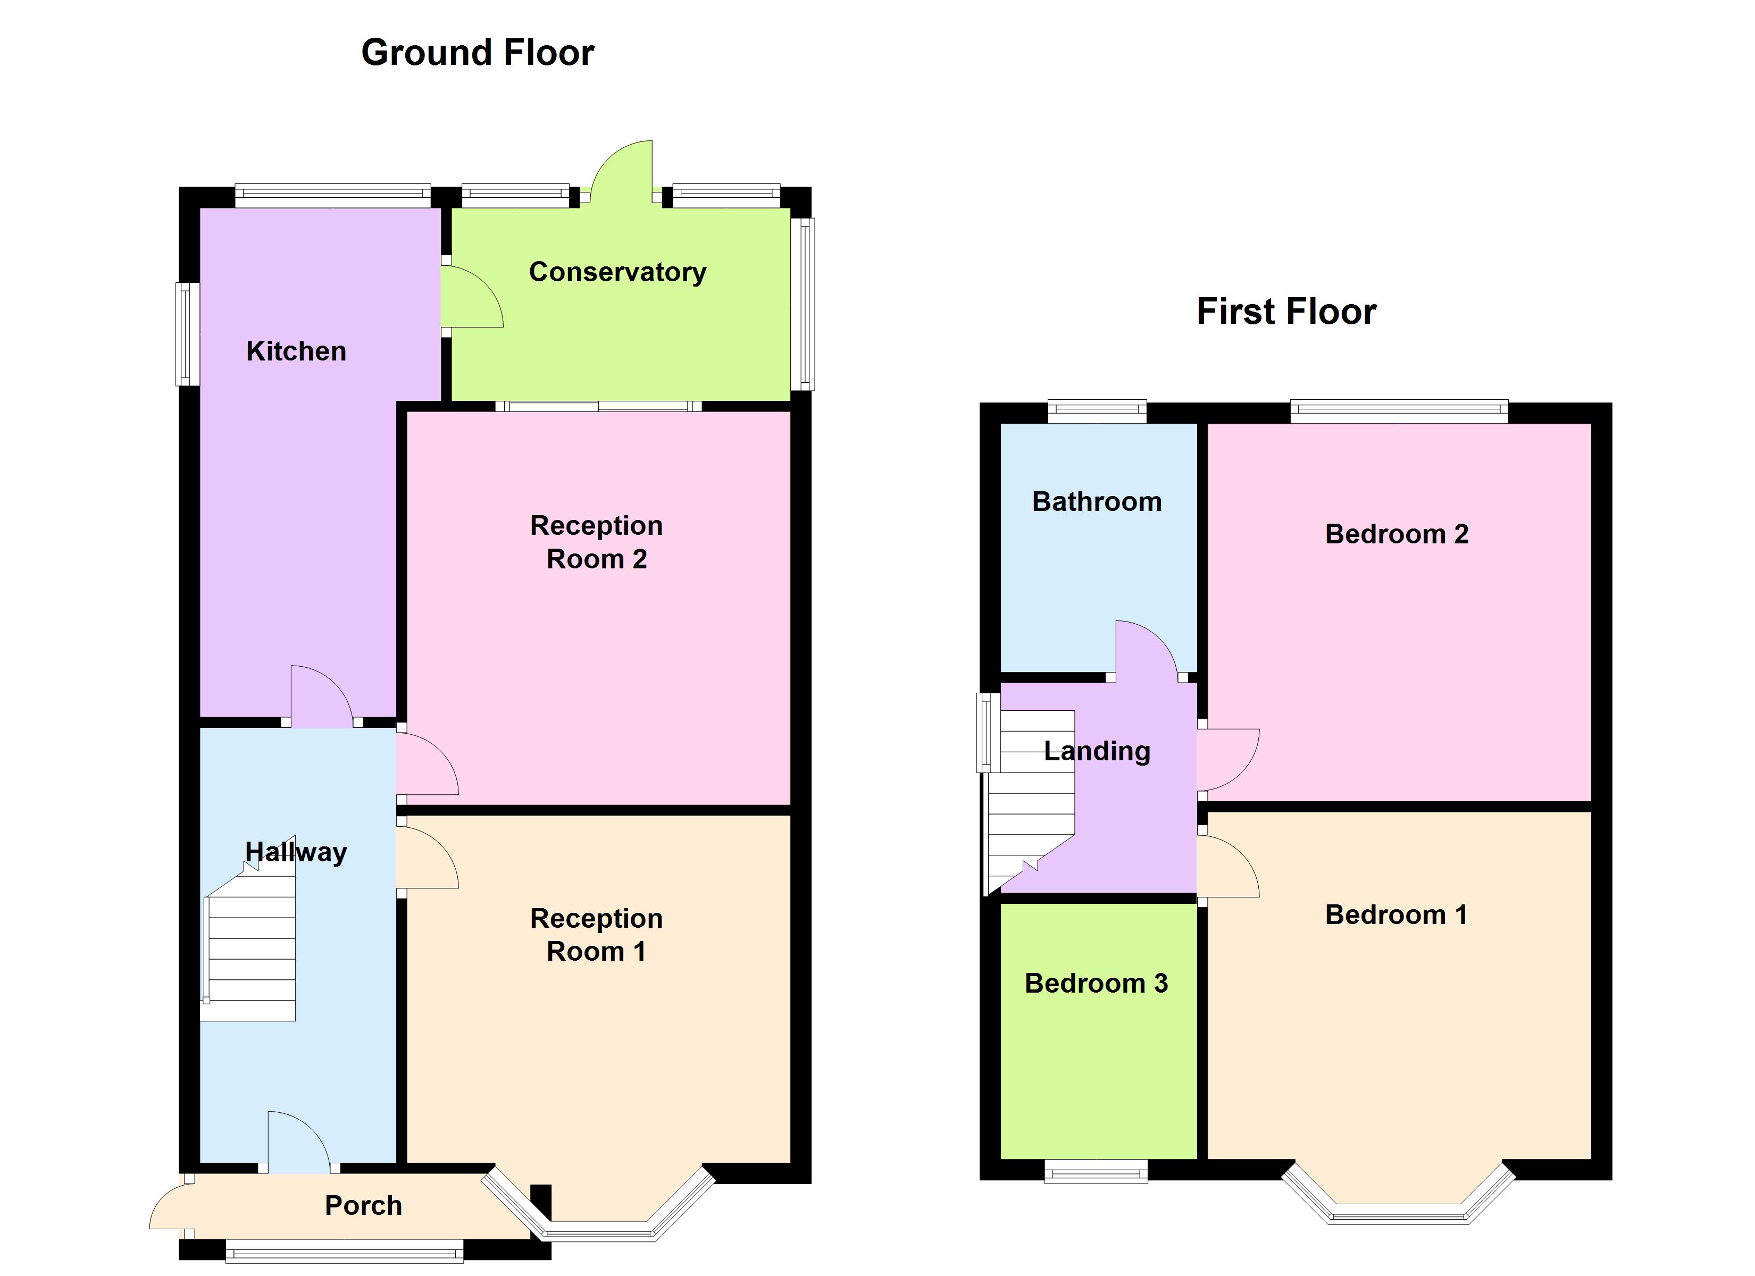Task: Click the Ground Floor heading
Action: click(x=478, y=53)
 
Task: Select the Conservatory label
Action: click(x=617, y=272)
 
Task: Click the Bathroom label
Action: click(x=1097, y=501)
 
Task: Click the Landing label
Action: click(x=1097, y=751)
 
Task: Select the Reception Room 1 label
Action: click(x=597, y=934)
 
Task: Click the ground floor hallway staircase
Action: click(x=249, y=929)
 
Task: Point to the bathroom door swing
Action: click(x=1147, y=651)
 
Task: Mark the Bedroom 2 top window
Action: click(x=1399, y=411)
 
